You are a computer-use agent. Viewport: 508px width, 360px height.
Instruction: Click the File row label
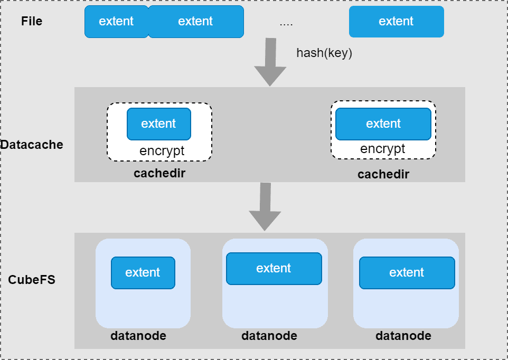[32, 22]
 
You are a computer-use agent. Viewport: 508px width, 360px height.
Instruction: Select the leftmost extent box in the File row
[116, 22]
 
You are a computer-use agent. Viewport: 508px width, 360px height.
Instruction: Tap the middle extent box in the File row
[196, 22]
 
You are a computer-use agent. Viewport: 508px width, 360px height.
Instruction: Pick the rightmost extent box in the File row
[396, 22]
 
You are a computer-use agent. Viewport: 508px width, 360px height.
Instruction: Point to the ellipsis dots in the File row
[286, 23]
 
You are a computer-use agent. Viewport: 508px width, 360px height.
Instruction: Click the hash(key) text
[324, 53]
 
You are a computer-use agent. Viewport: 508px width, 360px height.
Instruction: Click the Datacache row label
[32, 145]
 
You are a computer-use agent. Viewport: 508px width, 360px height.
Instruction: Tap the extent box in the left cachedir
[158, 124]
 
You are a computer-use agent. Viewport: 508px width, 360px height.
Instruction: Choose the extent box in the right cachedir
[383, 124]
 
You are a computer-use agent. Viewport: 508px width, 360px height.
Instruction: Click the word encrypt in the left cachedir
[162, 151]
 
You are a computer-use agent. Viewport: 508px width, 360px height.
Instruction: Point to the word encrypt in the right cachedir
[382, 149]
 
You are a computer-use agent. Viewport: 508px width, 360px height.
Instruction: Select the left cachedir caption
[159, 173]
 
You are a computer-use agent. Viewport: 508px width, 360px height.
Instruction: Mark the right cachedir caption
[383, 174]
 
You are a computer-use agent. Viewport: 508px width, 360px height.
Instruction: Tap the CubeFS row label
[32, 280]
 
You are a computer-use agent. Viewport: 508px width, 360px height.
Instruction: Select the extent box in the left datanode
[143, 273]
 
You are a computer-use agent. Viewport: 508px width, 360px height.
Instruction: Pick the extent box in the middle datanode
[274, 269]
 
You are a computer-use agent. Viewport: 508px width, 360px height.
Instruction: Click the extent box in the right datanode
[407, 273]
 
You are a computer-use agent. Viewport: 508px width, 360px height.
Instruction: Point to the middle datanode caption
[269, 336]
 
